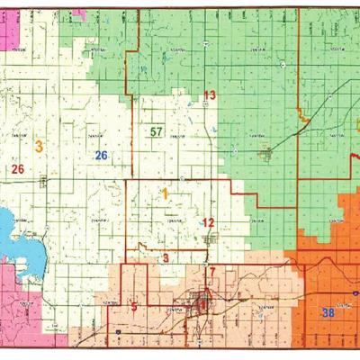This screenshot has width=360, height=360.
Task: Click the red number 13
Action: pos(210,95)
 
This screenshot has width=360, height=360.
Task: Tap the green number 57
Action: pos(157,132)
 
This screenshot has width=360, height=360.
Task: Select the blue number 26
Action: pos(102,156)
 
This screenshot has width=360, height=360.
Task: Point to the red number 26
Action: pos(17,168)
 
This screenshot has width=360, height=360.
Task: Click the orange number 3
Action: pos(39,145)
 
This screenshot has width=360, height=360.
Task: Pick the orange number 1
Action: pos(166,193)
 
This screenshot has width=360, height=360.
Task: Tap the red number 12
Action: pos(208,222)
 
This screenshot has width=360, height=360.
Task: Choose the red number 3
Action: pos(166,258)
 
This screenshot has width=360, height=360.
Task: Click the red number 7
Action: pos(212,271)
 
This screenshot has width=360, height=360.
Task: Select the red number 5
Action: pos(134,307)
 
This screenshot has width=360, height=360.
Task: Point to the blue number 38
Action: pos(328,312)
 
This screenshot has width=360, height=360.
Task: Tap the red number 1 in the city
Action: pos(202,304)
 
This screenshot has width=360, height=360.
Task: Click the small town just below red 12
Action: pos(211,239)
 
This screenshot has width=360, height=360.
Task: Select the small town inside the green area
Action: pos(265,155)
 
